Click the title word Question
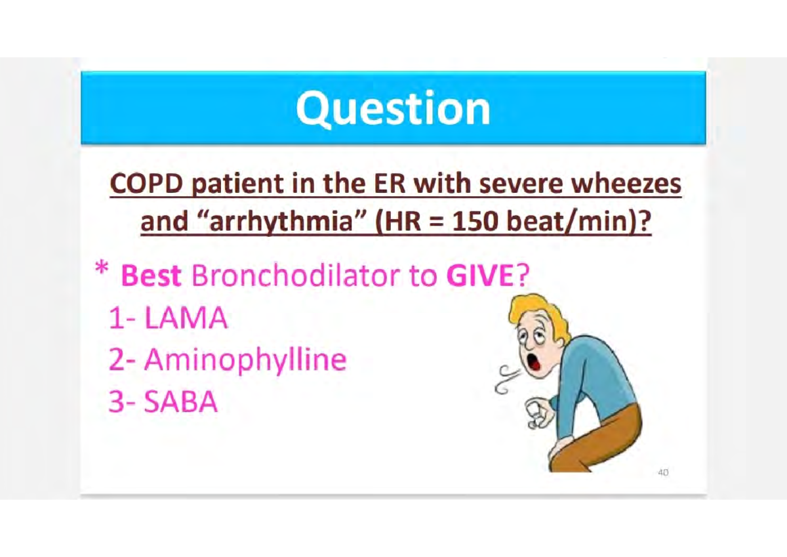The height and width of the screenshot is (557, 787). tap(393, 108)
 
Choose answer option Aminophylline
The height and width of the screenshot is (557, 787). tap(244, 360)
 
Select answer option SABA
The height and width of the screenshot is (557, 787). tap(180, 402)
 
